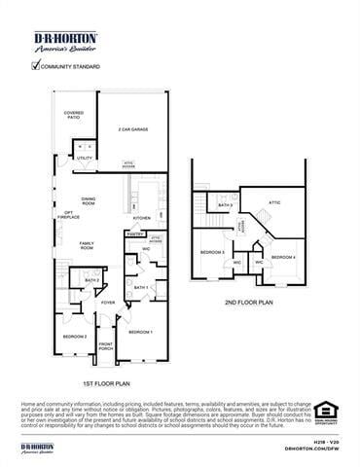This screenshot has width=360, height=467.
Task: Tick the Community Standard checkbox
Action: (36, 66)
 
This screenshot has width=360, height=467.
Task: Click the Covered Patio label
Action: (74, 115)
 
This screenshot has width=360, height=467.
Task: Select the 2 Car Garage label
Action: (132, 128)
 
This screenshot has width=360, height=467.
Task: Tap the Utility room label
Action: (85, 158)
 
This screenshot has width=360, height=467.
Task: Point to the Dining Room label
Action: (89, 200)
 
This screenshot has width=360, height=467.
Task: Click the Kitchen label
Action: (142, 218)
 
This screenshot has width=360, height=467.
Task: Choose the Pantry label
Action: (135, 233)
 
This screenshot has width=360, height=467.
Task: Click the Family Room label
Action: (87, 246)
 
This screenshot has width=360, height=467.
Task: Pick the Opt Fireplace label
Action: (69, 215)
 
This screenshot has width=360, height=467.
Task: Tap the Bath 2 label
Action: (92, 280)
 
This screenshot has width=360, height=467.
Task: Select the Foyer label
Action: (108, 303)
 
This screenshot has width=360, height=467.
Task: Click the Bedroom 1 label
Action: (141, 332)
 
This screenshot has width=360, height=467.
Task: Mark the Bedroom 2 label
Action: (75, 336)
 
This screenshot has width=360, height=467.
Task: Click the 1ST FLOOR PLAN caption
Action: (113, 384)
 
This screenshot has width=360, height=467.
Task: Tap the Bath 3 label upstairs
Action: (225, 205)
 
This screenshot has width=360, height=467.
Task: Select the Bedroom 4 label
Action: (283, 256)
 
